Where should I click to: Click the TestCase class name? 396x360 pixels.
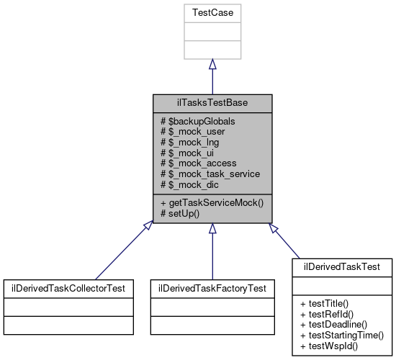(x=212, y=13)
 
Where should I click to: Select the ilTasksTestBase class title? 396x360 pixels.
(x=212, y=103)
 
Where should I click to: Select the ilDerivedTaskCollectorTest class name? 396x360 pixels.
(x=68, y=288)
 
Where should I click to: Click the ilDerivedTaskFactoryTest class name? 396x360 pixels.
(x=212, y=288)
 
